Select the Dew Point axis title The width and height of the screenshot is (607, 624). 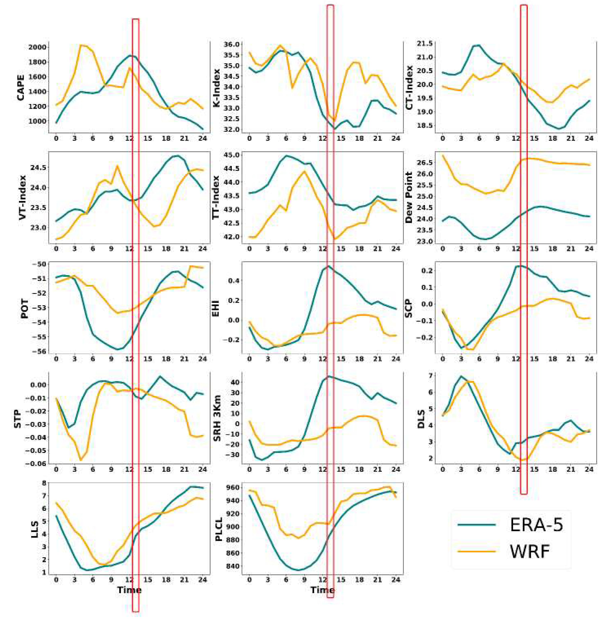409,197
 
